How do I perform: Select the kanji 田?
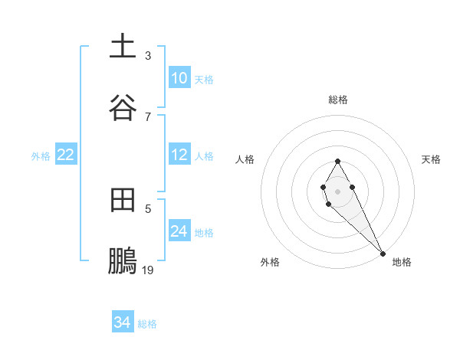tap(123, 201)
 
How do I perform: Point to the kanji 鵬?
tap(123, 260)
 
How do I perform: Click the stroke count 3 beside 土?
tap(148, 56)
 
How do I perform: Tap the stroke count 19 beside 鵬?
tap(148, 270)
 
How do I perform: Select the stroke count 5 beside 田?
tap(148, 208)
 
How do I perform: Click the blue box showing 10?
tap(179, 78)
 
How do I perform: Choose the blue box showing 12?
tap(179, 155)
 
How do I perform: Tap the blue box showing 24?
tap(179, 231)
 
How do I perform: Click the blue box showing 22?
tap(66, 155)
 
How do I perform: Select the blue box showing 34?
tap(123, 322)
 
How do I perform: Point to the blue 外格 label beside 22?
tap(41, 156)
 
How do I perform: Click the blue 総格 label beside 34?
tap(147, 324)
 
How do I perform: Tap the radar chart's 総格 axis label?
tap(338, 100)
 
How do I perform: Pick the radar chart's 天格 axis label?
tap(432, 159)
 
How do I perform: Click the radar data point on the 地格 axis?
tap(383, 252)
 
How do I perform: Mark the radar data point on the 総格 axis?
tap(337, 161)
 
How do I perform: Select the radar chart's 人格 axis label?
tap(245, 159)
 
